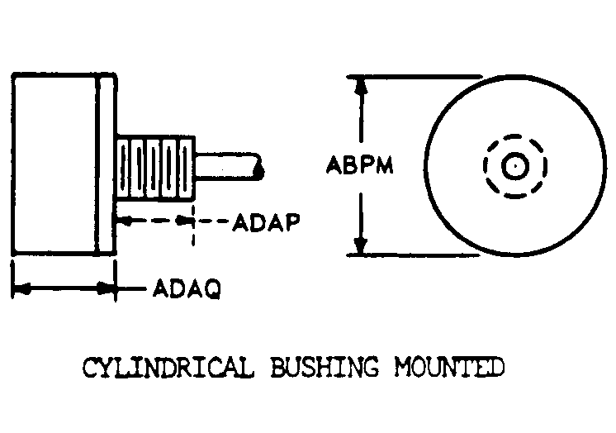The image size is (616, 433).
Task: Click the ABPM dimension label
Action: coord(359,164)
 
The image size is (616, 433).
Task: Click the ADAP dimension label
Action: coord(267,222)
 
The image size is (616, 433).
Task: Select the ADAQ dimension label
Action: coord(187,289)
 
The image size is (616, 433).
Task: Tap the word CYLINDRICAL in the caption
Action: coord(168,368)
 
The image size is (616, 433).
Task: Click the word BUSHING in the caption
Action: coord(325,367)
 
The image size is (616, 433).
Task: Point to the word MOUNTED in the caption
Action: coord(449,367)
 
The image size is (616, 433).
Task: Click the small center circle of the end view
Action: coord(515,166)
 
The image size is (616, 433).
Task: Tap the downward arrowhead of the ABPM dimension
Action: coord(360,246)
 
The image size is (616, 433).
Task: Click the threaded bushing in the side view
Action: coord(156,169)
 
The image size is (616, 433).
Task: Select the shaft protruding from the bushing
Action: coord(229,167)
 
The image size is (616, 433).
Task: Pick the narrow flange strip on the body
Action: coord(107,164)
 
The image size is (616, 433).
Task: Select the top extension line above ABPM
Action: coord(414,77)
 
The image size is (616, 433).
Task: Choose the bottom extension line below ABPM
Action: coord(413,255)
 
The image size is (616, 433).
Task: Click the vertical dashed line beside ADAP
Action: coord(193,224)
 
